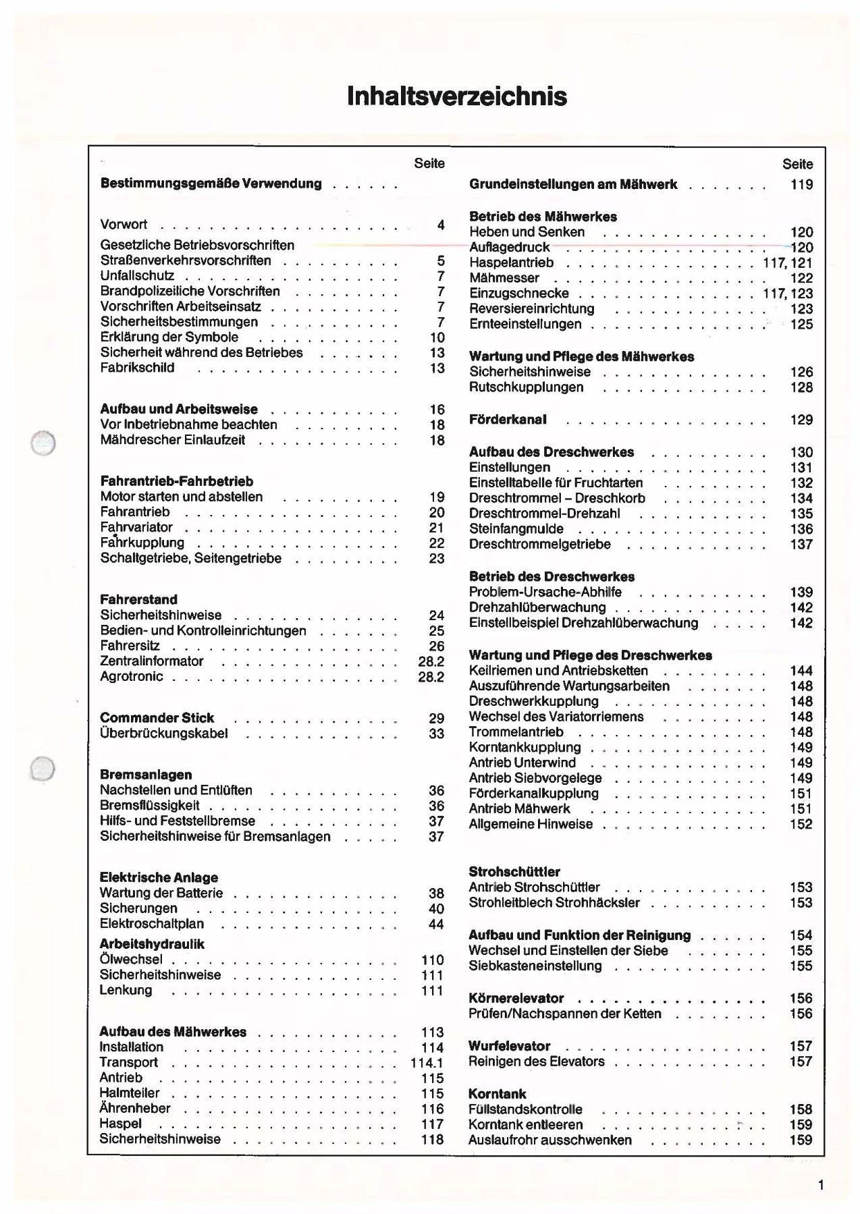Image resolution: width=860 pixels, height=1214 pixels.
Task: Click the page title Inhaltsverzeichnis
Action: point(456,96)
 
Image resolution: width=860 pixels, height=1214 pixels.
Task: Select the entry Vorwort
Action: point(124,225)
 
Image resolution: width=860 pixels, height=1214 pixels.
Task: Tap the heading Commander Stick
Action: point(157,718)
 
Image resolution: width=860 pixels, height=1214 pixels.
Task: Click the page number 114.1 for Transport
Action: point(427,1063)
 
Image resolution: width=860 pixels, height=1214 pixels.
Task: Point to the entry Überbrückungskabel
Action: point(163,734)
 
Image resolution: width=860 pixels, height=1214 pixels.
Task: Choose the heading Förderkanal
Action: point(508,420)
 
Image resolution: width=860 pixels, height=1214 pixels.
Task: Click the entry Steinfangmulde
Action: point(516,529)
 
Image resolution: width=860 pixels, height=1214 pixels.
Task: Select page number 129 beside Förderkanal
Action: point(801,420)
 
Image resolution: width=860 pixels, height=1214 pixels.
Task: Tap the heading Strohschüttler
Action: point(514,872)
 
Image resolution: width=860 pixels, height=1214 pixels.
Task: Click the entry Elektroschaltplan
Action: point(152,924)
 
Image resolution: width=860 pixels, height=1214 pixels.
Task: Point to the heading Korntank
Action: point(497,1094)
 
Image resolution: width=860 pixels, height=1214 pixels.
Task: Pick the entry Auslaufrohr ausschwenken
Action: point(550,1140)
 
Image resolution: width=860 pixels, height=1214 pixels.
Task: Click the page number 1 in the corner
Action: point(821,1185)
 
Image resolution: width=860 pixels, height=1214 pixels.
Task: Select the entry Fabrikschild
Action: point(137,368)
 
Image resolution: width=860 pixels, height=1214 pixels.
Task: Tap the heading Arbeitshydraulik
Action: point(152,944)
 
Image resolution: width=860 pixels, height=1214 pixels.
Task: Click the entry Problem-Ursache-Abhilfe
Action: point(545,592)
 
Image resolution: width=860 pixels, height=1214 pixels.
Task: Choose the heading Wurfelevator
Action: point(510,1047)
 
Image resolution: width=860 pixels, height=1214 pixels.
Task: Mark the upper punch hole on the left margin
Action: point(43,443)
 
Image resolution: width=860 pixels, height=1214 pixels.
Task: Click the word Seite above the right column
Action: point(798,164)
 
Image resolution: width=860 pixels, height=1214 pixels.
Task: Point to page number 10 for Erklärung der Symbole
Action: point(437,337)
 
